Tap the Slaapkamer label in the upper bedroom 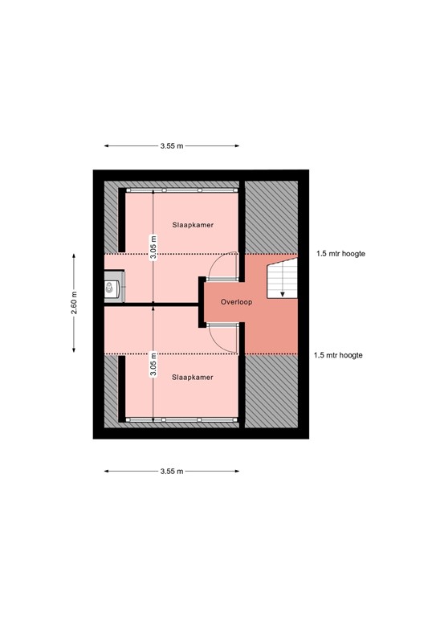(x=193, y=226)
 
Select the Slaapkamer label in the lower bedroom (x=193, y=377)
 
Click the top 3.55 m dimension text (x=171, y=146)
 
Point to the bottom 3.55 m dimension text (x=171, y=471)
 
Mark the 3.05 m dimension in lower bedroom (x=153, y=366)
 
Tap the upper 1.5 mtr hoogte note (x=340, y=254)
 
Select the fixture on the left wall (x=112, y=287)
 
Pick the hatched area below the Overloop (x=271, y=391)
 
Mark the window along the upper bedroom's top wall (x=181, y=190)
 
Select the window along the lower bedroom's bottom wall (x=181, y=419)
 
